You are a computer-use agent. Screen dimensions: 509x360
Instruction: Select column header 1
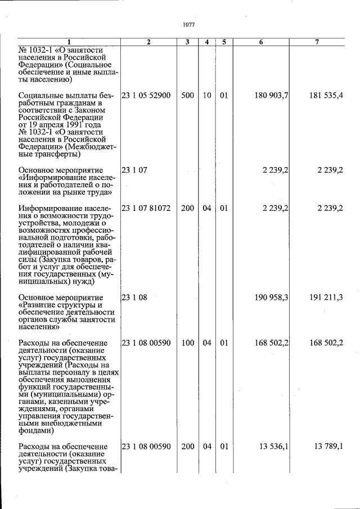click(69, 42)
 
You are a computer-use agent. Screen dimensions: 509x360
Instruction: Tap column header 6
click(261, 42)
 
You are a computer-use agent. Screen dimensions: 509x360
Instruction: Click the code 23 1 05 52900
click(146, 96)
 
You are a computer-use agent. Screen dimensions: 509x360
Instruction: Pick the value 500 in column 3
click(188, 96)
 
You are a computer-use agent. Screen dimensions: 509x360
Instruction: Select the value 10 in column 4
click(207, 96)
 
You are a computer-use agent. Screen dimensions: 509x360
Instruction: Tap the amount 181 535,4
click(326, 96)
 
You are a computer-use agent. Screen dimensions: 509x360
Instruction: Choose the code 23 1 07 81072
click(146, 208)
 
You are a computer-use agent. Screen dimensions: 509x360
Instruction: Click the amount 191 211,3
click(326, 298)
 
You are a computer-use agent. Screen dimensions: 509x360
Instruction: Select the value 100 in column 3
click(188, 343)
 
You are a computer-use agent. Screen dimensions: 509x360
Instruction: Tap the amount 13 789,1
click(328, 447)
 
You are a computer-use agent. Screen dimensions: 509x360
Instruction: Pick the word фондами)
click(36, 431)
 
